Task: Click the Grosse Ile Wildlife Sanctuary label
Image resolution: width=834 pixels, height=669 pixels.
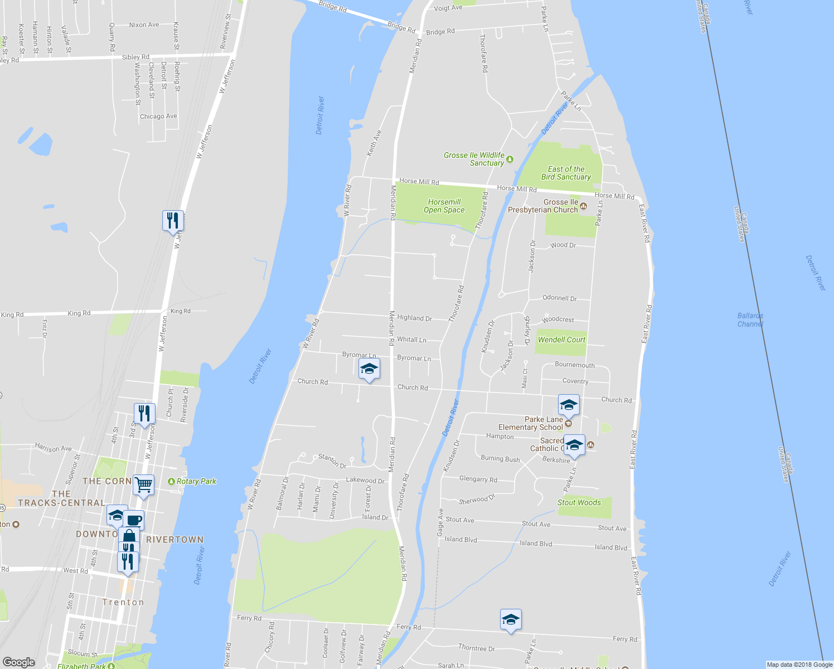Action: coord(474,159)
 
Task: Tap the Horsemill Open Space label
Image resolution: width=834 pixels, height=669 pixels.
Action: coord(444,206)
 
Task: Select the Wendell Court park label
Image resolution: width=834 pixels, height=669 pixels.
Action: coord(561,340)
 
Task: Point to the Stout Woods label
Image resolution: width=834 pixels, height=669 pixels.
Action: coord(579,502)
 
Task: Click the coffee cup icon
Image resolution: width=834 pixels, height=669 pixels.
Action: coord(134,520)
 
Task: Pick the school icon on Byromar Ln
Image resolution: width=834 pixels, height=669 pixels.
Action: coord(369,369)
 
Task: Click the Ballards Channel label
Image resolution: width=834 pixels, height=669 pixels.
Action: coord(750,319)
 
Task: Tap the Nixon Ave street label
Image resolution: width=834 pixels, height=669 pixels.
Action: coord(144,25)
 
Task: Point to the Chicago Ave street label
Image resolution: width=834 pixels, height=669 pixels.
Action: coord(158,116)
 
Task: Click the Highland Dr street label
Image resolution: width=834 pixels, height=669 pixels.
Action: coord(414,318)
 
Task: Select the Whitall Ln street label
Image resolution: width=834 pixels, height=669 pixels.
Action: coord(411,339)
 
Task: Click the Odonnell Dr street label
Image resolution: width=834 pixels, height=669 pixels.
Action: coord(559,298)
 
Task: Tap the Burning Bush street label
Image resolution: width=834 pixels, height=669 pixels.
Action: coord(500,459)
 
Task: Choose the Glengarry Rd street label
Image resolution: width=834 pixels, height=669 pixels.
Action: coord(478,479)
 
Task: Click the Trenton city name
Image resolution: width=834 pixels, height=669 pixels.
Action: coord(123,602)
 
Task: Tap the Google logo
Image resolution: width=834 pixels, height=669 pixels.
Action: coord(18,662)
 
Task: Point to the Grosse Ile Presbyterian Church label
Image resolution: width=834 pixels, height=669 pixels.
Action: coord(543,206)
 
